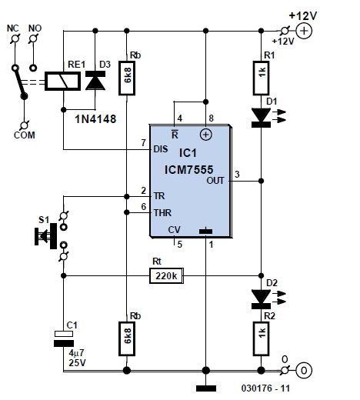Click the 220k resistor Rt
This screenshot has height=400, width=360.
coord(166,276)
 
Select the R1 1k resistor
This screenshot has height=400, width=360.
coord(261,78)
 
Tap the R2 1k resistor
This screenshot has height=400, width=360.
coord(261,338)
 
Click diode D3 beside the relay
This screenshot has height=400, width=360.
coord(95,80)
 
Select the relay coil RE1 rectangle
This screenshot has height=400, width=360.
coord(62,81)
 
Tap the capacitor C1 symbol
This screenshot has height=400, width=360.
coord(64,338)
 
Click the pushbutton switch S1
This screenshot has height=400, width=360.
coord(52,236)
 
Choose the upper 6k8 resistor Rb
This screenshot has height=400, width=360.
coord(127,78)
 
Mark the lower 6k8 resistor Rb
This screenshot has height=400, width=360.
coord(127,338)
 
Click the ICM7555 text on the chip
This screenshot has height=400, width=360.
coord(188,169)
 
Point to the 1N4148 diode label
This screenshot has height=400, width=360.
coord(95,119)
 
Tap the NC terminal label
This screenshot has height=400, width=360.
coord(13,28)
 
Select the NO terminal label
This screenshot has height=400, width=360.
coord(35,28)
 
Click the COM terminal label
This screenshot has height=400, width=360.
coord(25,135)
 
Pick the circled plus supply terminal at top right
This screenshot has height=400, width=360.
coord(304,31)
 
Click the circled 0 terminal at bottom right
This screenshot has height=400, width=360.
coord(304,371)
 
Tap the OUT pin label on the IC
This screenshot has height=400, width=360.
coord(215,181)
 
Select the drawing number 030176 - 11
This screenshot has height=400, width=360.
coord(265,388)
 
